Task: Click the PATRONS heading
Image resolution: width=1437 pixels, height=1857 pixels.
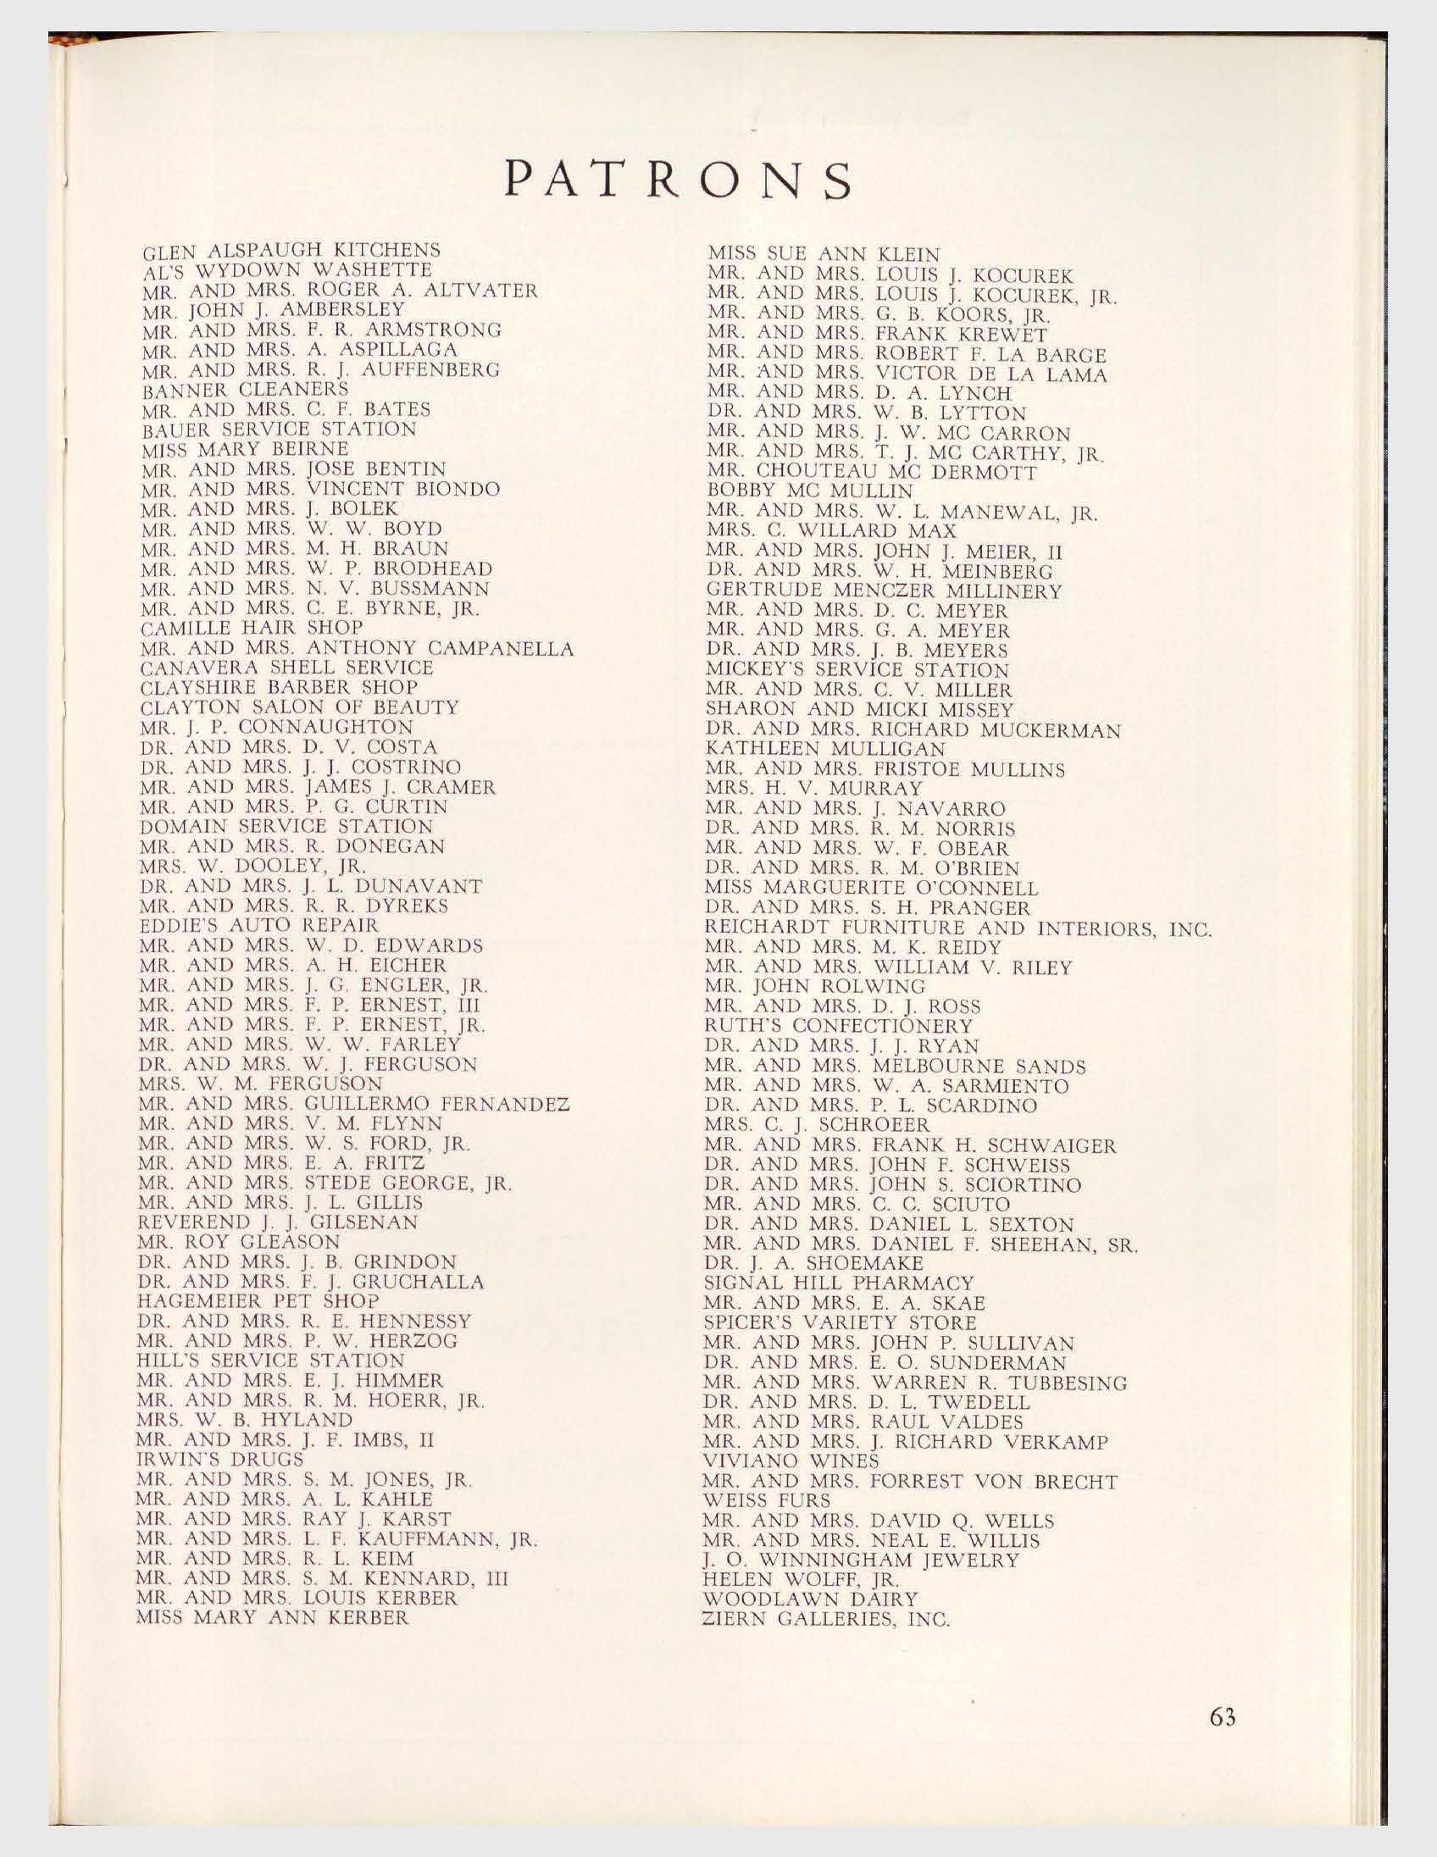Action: coord(678,180)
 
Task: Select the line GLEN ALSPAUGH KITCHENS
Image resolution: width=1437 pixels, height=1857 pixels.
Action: coord(291,252)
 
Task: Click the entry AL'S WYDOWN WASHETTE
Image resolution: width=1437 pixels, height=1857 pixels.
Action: coord(286,271)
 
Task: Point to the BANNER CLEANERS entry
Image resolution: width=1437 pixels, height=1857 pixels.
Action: coord(245,390)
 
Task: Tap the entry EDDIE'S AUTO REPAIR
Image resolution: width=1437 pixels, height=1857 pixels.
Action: coord(258,924)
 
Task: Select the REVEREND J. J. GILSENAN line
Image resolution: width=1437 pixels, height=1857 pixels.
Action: coord(277,1222)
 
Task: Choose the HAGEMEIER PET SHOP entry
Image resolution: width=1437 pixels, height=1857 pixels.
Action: coord(258,1302)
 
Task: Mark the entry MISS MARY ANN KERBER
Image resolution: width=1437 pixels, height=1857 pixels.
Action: coord(272,1617)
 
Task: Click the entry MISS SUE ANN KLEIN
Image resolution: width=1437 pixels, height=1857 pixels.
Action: coord(824,254)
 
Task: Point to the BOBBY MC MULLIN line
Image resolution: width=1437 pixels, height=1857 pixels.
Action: coord(809,491)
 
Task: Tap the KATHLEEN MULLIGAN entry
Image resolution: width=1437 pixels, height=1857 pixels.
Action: coord(825,749)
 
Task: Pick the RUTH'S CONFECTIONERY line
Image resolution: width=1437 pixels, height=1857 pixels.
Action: coord(840,1026)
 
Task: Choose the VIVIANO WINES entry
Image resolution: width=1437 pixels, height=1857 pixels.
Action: coord(791,1461)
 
